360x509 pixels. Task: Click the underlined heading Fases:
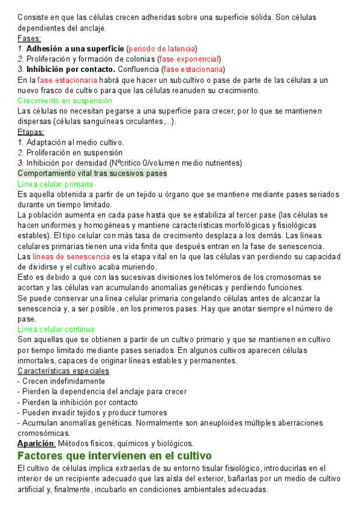click(29, 38)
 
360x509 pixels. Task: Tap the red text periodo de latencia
click(163, 48)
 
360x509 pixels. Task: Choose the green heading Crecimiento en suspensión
click(65, 101)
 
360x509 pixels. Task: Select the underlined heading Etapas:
click(31, 131)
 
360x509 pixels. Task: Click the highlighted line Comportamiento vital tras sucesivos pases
click(92, 173)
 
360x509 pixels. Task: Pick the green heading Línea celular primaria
click(55, 184)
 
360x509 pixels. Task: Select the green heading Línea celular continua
click(56, 329)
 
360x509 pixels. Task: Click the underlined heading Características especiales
click(63, 371)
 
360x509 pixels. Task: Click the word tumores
click(152, 412)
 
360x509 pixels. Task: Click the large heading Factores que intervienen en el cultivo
click(115, 456)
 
